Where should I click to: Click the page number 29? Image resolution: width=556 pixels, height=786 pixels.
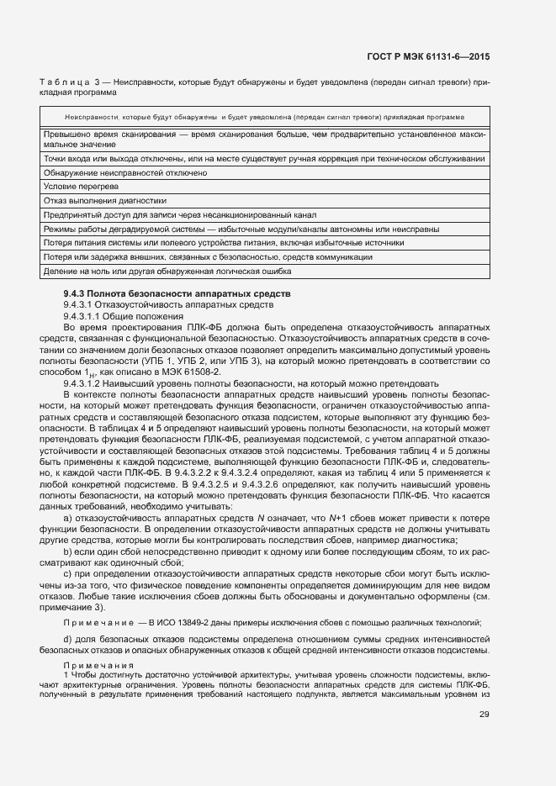[x=484, y=715]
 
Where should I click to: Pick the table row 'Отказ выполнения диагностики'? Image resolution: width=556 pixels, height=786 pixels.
[x=104, y=200]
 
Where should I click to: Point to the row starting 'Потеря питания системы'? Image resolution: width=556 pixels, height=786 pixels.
[x=223, y=243]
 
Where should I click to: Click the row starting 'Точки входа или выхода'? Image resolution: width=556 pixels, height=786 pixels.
[x=263, y=158]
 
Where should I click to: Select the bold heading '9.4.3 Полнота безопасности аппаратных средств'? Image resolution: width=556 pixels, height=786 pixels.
[x=177, y=293]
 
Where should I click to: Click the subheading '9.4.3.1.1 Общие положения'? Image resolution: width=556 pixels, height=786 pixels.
[x=119, y=315]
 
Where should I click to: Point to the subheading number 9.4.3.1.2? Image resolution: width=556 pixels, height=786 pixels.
[x=87, y=382]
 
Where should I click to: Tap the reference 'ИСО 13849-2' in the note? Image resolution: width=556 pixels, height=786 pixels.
[x=183, y=621]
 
